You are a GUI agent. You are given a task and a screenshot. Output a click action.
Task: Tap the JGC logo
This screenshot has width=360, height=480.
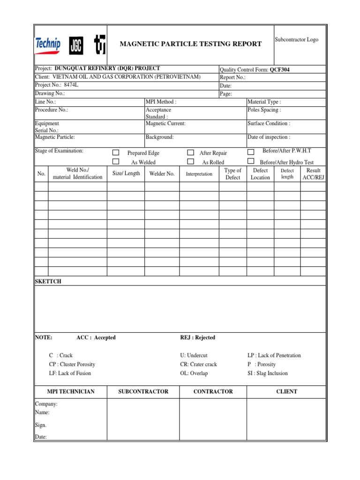(76, 44)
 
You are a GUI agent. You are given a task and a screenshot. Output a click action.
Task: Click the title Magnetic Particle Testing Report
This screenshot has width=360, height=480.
(191, 44)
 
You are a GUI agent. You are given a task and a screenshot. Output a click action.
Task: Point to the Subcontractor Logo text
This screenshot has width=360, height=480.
(296, 40)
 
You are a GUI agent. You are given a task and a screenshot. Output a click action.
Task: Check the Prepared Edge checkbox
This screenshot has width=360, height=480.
(116, 153)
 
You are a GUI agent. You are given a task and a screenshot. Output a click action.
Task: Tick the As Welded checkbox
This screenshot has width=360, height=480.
(116, 162)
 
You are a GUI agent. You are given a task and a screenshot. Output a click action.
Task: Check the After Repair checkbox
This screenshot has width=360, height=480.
(190, 153)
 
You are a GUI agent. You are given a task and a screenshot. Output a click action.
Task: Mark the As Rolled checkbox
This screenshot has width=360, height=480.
(190, 162)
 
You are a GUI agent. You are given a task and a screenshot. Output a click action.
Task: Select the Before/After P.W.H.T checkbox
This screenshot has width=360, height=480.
(251, 152)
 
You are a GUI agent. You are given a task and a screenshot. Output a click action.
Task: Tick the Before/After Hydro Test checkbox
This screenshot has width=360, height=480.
(251, 162)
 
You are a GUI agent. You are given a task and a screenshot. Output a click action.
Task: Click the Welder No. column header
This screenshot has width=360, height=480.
(162, 174)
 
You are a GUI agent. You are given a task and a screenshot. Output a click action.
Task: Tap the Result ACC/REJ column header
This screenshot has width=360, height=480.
(313, 174)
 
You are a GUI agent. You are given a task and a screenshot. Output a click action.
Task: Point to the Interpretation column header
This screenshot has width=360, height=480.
(199, 174)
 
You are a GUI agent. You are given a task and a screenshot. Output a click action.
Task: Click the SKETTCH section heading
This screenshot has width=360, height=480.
(48, 281)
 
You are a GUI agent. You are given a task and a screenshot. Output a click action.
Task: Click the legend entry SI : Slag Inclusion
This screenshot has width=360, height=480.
(268, 373)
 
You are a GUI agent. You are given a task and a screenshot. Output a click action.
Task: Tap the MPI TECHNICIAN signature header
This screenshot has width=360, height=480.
(71, 391)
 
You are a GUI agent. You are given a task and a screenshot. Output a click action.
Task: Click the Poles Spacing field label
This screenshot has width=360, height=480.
(264, 110)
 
